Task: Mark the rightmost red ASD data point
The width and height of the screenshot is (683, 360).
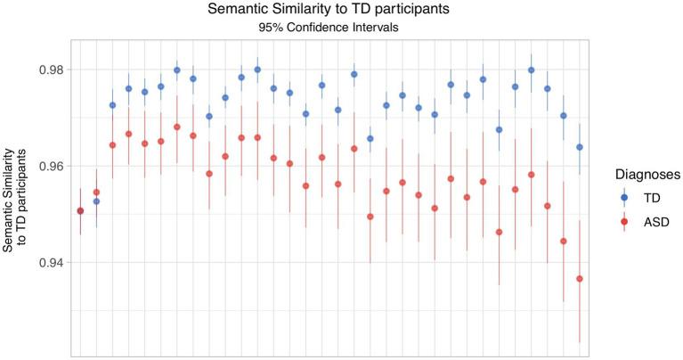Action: (580, 279)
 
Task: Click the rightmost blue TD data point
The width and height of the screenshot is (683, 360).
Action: (580, 147)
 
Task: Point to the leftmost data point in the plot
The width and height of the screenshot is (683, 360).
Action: (80, 211)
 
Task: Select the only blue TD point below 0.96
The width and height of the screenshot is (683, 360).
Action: (96, 201)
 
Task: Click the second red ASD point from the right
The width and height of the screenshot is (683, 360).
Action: (564, 241)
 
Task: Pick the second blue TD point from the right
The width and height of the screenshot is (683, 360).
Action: (564, 116)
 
